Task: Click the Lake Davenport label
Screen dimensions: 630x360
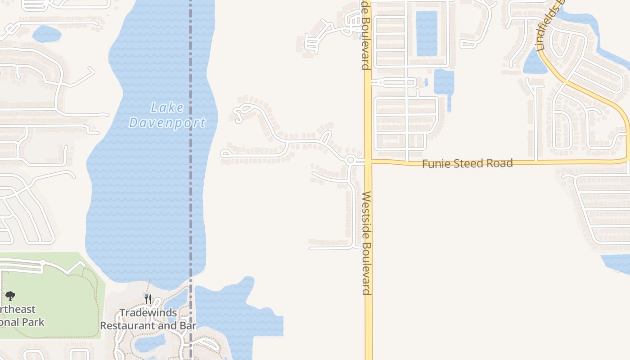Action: (x=167, y=115)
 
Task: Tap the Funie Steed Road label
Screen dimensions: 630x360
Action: (x=467, y=163)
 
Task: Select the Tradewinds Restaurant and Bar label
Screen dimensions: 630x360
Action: (x=148, y=319)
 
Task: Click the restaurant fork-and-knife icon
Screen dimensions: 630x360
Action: (x=148, y=299)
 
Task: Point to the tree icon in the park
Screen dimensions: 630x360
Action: (x=10, y=296)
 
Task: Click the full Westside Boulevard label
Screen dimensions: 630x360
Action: (x=367, y=243)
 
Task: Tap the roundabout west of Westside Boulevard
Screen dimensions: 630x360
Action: (x=351, y=159)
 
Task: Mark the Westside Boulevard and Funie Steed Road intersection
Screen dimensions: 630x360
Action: (x=368, y=162)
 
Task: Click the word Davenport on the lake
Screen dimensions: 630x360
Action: (x=167, y=122)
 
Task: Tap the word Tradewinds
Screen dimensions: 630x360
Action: (x=148, y=312)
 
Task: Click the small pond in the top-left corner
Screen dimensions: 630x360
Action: (x=46, y=34)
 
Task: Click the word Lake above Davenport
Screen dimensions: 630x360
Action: (x=167, y=108)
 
